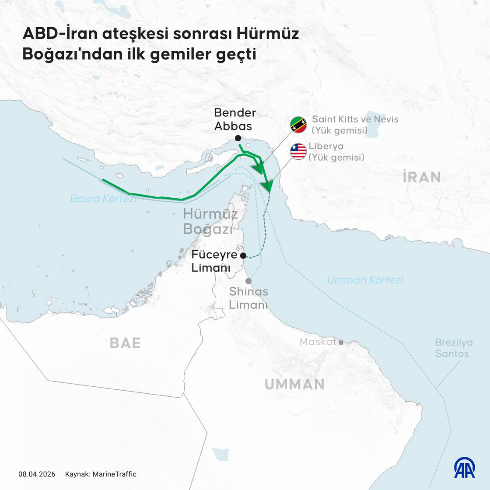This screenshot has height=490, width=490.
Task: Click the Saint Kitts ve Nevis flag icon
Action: pyautogui.click(x=299, y=125)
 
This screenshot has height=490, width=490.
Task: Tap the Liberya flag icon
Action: pyautogui.click(x=298, y=151)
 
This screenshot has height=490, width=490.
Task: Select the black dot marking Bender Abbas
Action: pyautogui.click(x=238, y=138)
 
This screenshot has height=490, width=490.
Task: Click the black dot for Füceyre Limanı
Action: pyautogui.click(x=243, y=255)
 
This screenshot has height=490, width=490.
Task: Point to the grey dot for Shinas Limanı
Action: pyautogui.click(x=248, y=281)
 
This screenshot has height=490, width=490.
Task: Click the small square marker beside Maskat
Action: pyautogui.click(x=341, y=342)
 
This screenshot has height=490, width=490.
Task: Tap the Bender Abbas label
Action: pyautogui.click(x=234, y=119)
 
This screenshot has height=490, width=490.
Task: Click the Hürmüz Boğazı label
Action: pyautogui.click(x=210, y=221)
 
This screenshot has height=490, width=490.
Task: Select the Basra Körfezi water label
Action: pyautogui.click(x=103, y=199)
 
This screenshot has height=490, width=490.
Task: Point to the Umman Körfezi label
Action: pyautogui.click(x=365, y=280)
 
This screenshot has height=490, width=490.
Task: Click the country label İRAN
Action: pyautogui.click(x=421, y=177)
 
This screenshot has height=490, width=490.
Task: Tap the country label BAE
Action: pyautogui.click(x=125, y=343)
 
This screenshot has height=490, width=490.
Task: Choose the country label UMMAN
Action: pyautogui.click(x=294, y=384)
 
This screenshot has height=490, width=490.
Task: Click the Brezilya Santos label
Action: pyautogui.click(x=453, y=348)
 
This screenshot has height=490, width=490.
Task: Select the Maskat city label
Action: pyautogui.click(x=318, y=342)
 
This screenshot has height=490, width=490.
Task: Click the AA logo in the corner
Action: pyautogui.click(x=464, y=468)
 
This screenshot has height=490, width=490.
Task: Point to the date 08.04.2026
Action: pyautogui.click(x=37, y=474)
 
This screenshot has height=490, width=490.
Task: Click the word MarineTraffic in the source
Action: pyautogui.click(x=115, y=474)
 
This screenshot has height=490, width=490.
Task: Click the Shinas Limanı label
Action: pyautogui.click(x=248, y=298)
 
